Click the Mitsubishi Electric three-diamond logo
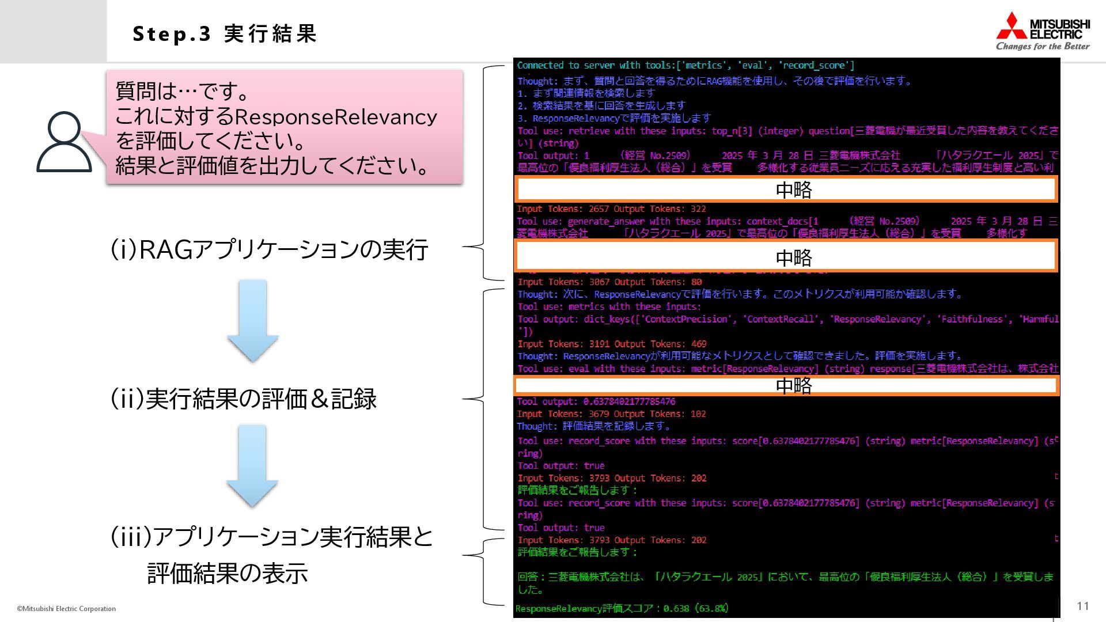1012,26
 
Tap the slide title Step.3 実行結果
225,34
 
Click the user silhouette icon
64,142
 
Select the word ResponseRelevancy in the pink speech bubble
336,117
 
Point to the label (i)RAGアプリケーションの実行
269,250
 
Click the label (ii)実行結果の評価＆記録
243,399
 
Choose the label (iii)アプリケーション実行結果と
271,537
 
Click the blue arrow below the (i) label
253,321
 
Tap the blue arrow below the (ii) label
252,466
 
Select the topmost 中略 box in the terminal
786,189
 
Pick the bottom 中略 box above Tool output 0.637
786,385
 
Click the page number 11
1082,606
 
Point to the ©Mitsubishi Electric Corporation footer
66,609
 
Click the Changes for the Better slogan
1043,47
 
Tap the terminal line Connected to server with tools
685,66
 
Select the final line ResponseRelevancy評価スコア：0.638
622,608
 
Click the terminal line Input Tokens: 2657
611,209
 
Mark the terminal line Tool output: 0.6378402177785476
596,401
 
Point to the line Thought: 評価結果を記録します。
594,426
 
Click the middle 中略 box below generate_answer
786,256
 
